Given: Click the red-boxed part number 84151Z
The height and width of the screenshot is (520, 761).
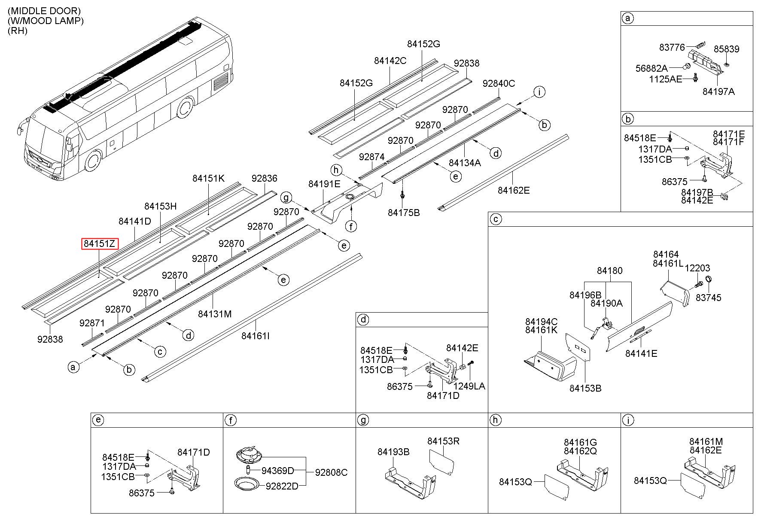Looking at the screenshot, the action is coord(100,244).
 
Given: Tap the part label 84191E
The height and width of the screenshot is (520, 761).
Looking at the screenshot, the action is coord(324,184).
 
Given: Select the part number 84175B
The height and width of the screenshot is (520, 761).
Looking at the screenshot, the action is coord(404,213).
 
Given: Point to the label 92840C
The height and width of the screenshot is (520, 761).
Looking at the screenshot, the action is coord(499,83).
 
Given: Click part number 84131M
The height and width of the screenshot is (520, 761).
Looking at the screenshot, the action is coord(215,314).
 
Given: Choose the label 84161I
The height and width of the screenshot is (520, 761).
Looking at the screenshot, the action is coord(256,335).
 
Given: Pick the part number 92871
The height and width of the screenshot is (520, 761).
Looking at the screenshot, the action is coord(92,323).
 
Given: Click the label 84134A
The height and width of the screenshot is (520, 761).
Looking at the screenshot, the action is coord(465,163).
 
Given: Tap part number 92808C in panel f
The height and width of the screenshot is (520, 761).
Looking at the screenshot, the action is coord(331,472).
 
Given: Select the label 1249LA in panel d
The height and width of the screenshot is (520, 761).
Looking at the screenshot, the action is coord(469,386).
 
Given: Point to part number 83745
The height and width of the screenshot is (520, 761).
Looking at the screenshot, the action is coord(709,298).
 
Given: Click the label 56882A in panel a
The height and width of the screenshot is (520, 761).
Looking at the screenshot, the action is coord(651,68).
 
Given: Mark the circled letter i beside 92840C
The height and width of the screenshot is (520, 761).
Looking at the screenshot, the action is coord(539,91).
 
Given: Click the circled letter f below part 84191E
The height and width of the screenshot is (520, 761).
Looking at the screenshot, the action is coord(351,226).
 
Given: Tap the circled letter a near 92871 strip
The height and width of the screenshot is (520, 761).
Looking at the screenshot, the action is coord(73,367).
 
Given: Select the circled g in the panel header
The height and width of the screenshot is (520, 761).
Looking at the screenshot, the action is coord(363,420).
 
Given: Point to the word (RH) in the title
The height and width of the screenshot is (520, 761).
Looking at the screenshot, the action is coord(17,30).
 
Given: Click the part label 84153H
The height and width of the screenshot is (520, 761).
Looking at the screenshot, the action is coord(160,206).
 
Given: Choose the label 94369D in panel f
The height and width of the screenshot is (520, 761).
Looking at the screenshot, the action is coord(278,471).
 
